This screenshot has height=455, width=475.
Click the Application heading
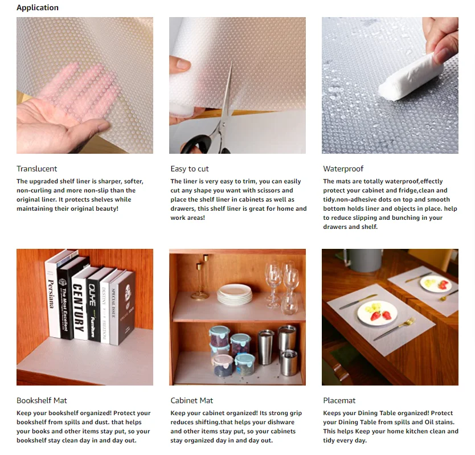(x=37, y=7)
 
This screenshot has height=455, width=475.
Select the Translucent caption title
(x=36, y=169)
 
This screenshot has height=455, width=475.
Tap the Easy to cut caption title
(x=189, y=169)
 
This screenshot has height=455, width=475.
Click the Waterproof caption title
(x=343, y=169)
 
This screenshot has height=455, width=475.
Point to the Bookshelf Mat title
(x=42, y=400)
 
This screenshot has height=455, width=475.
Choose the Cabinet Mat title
(x=191, y=400)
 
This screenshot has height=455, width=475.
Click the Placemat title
(x=339, y=400)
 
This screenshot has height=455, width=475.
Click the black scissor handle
(x=197, y=144)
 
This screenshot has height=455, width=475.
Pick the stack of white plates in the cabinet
(x=234, y=293)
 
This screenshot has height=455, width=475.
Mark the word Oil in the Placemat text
(x=428, y=423)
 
